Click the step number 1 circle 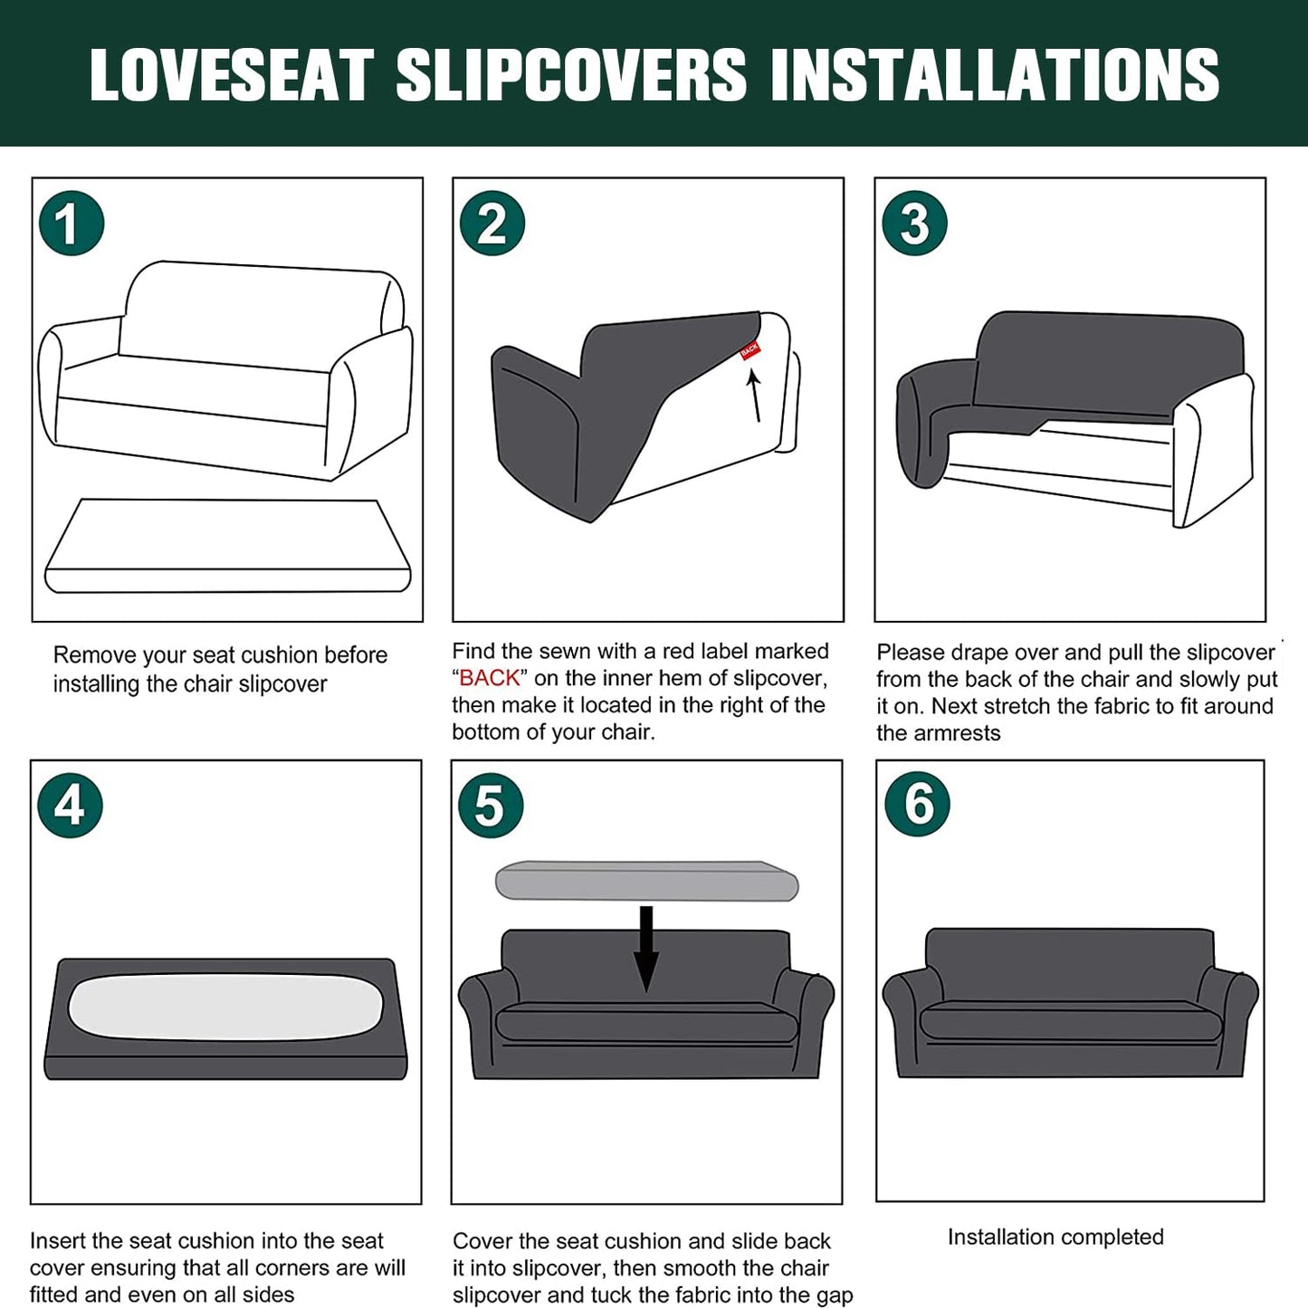pos(72,224)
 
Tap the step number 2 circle pos(492,224)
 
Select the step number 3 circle pos(914,224)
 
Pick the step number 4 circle pos(70,806)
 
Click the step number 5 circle pos(491,806)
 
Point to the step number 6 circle pos(918,805)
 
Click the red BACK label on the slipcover pos(749,350)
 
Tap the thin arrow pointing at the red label pos(755,395)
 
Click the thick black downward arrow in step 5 pos(646,950)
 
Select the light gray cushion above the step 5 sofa pos(647,881)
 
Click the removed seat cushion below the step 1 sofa pos(227,547)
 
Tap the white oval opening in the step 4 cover pos(225,1007)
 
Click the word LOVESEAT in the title pos(232,74)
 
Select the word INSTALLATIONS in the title pos(995,74)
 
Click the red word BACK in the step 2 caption pos(490,678)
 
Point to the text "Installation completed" pos(1055,1236)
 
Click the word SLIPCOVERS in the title pos(571,74)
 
